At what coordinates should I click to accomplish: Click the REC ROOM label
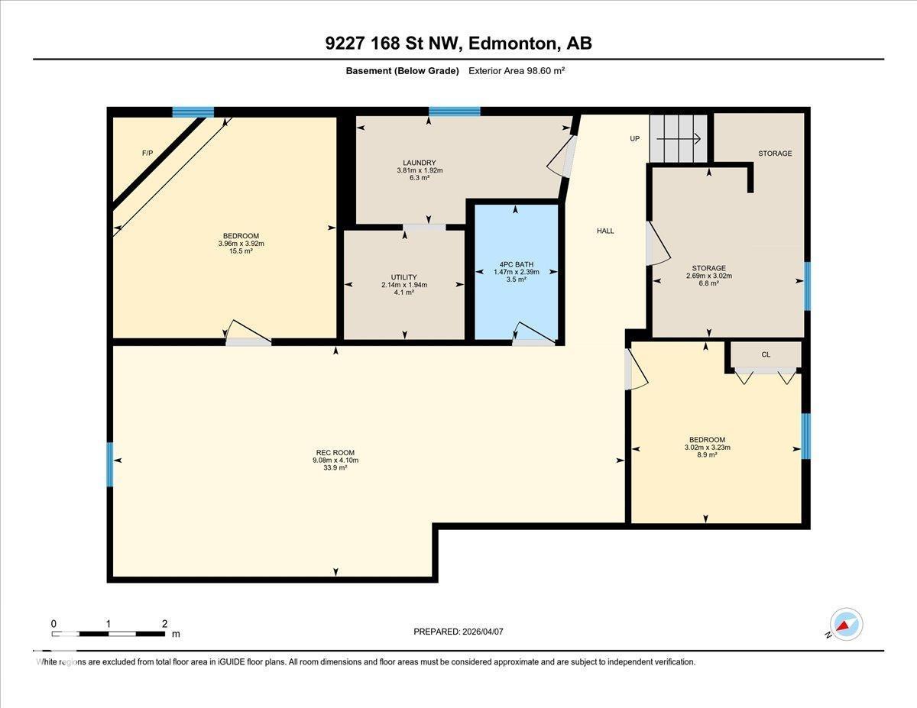(336, 452)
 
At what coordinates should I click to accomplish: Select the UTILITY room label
(404, 277)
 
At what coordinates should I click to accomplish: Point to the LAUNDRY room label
(420, 163)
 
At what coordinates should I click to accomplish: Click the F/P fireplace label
(147, 154)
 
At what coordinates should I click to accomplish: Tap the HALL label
(604, 231)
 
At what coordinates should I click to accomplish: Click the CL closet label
(765, 354)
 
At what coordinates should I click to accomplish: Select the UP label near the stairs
(634, 139)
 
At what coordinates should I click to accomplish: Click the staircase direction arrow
(679, 138)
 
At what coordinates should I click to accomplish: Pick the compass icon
(845, 625)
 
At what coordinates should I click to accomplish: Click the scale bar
(109, 633)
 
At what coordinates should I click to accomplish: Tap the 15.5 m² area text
(241, 251)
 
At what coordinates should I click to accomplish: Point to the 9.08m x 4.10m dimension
(337, 461)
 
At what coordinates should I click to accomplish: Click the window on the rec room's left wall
(110, 464)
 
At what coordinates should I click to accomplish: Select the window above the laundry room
(454, 112)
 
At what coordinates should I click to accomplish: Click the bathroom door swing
(533, 333)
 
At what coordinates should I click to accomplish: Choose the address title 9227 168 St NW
(458, 44)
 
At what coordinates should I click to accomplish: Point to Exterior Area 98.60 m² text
(516, 70)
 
